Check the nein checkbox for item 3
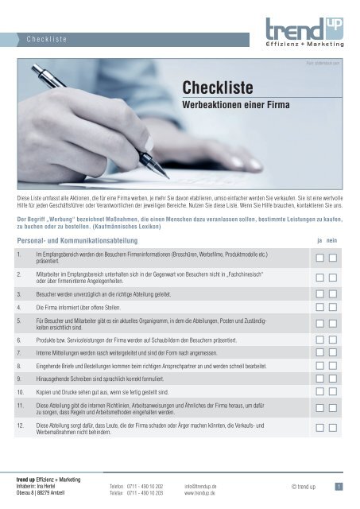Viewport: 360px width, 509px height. tap(334, 293)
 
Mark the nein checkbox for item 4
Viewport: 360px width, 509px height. tap(334, 306)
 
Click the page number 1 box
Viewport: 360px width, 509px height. tap(338, 487)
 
